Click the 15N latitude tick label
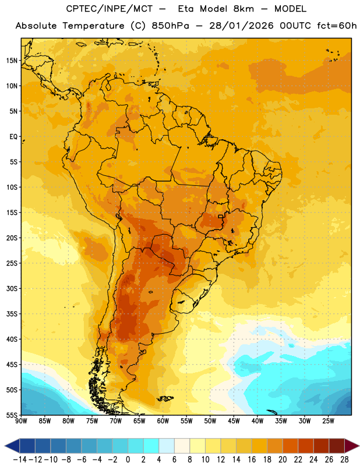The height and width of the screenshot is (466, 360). [x=12, y=61]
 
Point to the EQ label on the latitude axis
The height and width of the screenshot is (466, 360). [x=13, y=137]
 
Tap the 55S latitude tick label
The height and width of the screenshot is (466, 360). [x=12, y=415]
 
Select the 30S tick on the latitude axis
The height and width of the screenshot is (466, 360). [x=12, y=288]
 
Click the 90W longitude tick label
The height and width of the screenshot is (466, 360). [x=21, y=421]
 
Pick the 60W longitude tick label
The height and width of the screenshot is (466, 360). [x=163, y=421]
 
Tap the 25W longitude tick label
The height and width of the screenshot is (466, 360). [x=329, y=421]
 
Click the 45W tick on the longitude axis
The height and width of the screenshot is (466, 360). [x=234, y=421]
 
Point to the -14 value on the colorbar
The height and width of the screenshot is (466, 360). [x=20, y=460]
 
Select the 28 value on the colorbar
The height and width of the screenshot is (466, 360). [x=344, y=460]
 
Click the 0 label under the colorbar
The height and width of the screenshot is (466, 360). [x=128, y=460]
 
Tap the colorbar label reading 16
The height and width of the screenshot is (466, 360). [x=252, y=460]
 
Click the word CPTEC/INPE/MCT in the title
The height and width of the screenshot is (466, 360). [x=110, y=9]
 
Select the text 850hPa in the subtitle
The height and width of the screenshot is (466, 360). [x=170, y=26]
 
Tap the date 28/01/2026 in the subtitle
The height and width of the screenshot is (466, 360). [x=241, y=26]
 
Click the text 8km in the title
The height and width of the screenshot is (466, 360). [x=243, y=9]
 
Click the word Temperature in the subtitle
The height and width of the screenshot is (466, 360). [x=93, y=26]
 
